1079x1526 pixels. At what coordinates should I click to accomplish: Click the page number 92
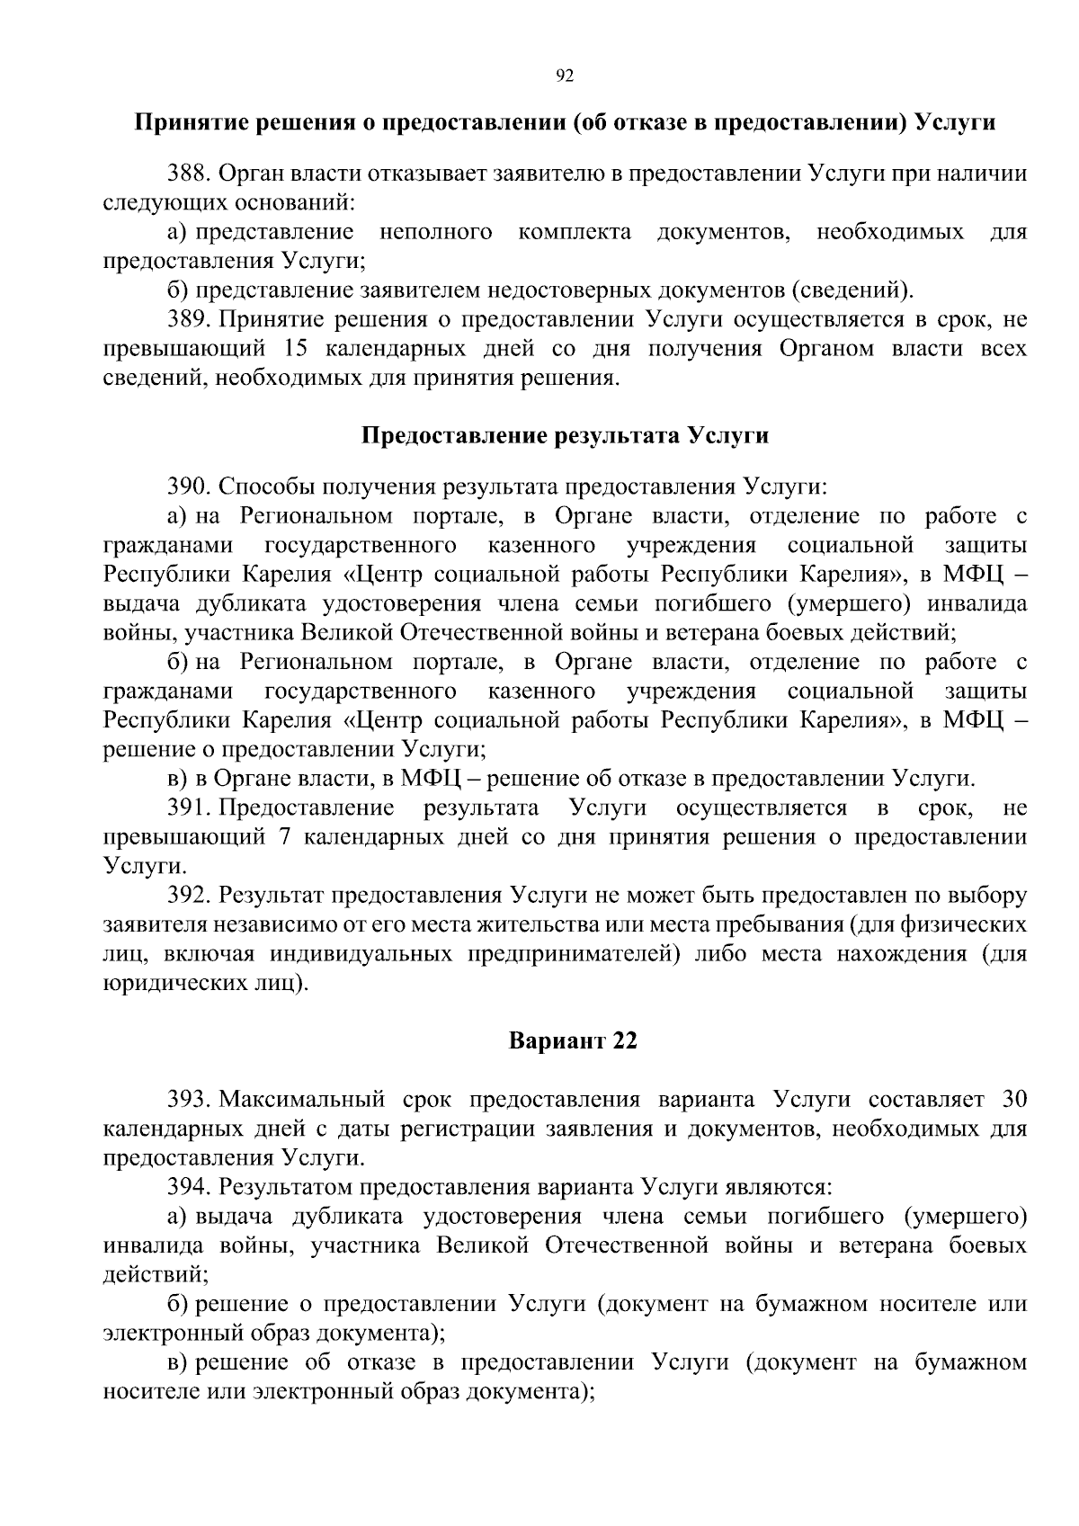point(565,76)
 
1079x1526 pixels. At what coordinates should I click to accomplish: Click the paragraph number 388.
point(189,174)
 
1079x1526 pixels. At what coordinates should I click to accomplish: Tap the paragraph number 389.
point(189,319)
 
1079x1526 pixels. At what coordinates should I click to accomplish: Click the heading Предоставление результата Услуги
point(565,436)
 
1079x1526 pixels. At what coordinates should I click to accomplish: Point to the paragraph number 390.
point(189,487)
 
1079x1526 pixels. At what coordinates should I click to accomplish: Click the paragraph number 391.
point(189,808)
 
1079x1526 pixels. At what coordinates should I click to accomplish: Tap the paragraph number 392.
point(189,896)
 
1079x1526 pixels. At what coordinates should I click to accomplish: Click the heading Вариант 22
point(573,1041)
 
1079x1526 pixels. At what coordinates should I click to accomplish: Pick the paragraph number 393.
point(189,1099)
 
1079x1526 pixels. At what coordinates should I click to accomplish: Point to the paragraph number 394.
point(189,1187)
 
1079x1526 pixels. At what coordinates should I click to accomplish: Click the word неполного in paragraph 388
point(436,232)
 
